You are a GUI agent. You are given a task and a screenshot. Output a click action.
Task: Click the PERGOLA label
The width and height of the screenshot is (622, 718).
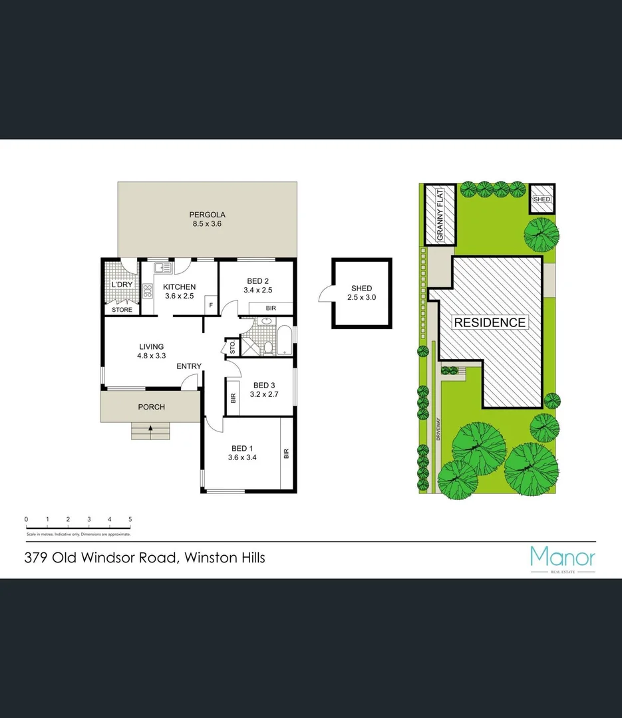coord(207,215)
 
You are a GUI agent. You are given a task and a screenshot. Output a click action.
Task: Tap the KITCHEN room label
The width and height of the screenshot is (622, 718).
coord(178,287)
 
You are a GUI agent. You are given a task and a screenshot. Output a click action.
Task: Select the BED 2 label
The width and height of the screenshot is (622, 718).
coord(257,281)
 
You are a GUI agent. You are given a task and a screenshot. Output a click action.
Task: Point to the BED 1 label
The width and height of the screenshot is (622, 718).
coord(242,447)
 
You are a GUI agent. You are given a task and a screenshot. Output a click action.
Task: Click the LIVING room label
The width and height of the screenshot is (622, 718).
coord(151,346)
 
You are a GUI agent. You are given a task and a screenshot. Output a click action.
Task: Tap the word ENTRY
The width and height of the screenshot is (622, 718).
coord(189,366)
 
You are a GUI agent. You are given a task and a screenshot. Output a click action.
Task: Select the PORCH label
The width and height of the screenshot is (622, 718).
coord(151,407)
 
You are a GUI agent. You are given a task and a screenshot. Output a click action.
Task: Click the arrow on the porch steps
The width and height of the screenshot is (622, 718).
coord(151,429)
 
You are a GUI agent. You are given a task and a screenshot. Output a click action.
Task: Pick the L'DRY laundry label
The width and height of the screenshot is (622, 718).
coord(121,285)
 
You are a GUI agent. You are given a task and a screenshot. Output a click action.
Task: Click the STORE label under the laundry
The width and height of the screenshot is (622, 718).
coord(122,310)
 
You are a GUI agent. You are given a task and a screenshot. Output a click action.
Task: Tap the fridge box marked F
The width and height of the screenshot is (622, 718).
coord(211,305)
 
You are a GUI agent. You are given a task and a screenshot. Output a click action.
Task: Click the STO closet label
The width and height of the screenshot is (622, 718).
coord(232,347)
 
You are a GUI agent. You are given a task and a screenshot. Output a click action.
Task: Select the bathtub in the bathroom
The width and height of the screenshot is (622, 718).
coord(283,340)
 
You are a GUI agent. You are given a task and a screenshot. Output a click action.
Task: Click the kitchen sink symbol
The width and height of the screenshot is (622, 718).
coord(162,268)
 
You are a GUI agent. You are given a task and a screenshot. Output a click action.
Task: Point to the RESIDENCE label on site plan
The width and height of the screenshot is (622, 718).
coord(490,322)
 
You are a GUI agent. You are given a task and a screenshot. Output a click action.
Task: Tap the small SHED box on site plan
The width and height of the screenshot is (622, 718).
coord(542,199)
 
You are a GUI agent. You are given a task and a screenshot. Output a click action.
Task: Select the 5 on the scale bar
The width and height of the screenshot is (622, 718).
coord(130,519)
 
